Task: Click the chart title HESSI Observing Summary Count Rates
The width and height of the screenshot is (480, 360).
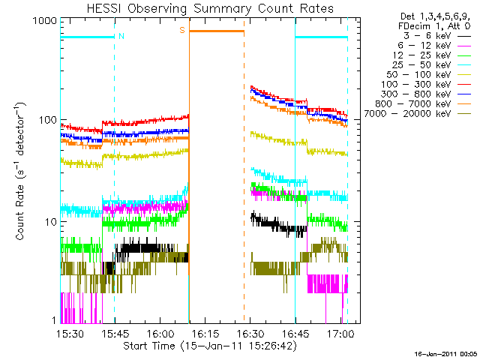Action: click(209, 8)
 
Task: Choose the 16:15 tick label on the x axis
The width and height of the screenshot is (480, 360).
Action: click(204, 333)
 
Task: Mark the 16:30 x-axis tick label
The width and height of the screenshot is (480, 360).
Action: click(250, 333)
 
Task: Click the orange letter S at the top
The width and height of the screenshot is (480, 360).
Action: click(181, 30)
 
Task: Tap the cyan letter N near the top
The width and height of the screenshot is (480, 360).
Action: click(121, 35)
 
